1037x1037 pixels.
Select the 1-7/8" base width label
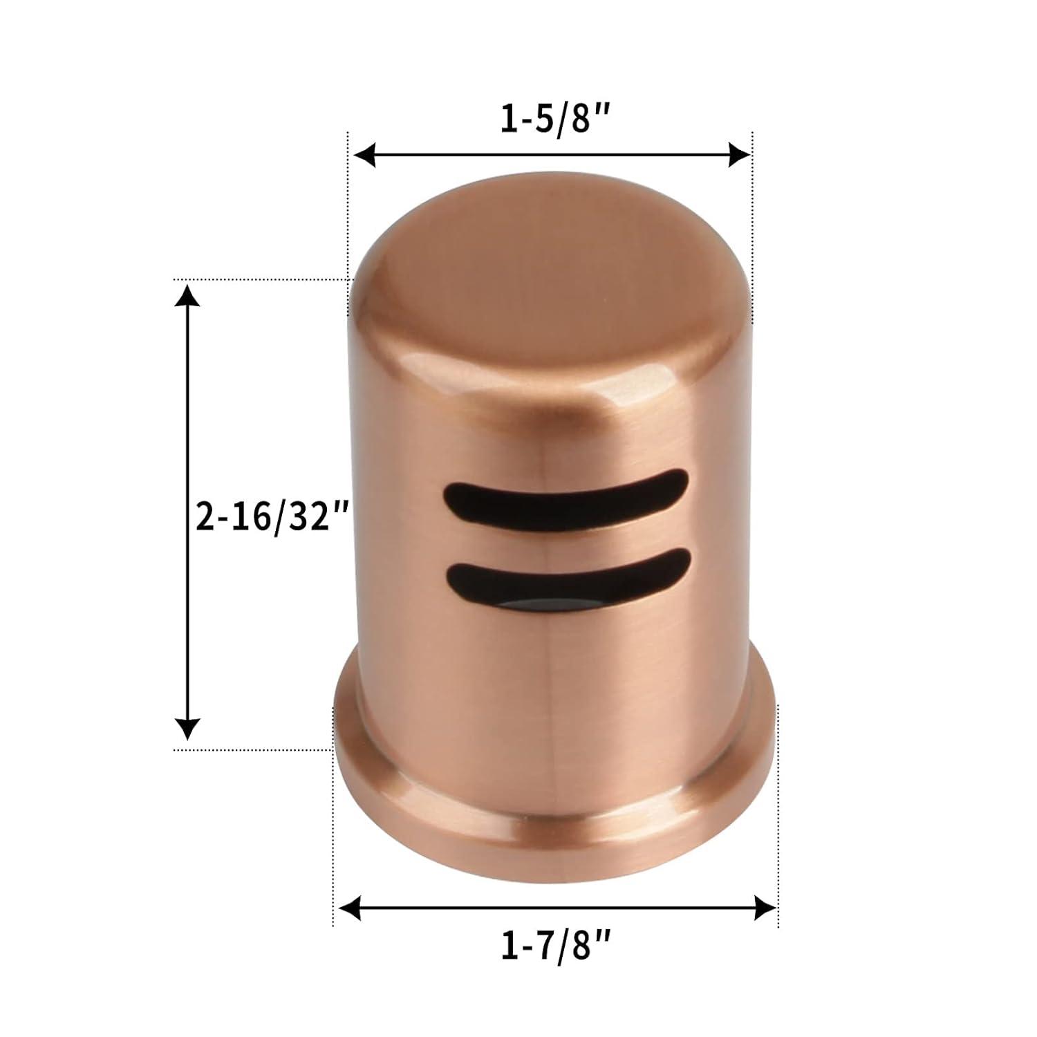555,944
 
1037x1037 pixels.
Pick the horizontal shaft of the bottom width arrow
553,907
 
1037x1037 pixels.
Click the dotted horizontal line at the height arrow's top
263,279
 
